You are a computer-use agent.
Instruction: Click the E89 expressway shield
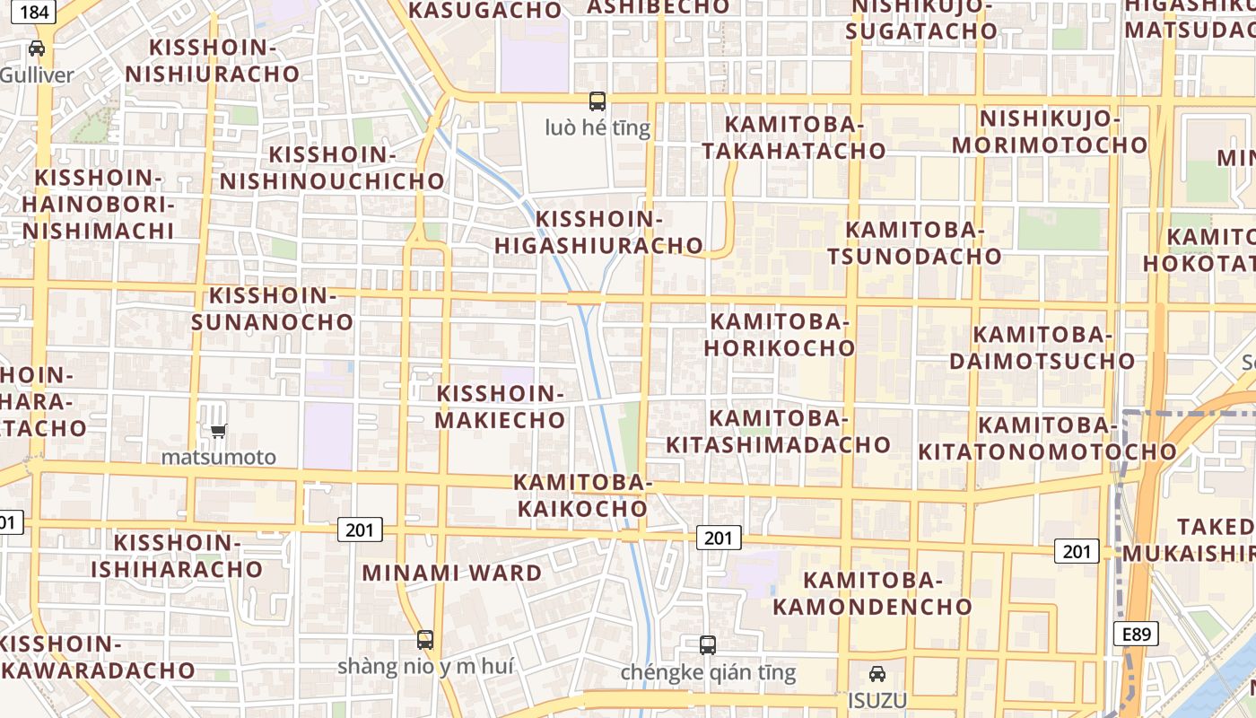pyautogui.click(x=1136, y=634)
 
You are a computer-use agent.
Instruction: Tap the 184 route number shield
pyautogui.click(x=34, y=12)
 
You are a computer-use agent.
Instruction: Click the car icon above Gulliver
pyautogui.click(x=37, y=48)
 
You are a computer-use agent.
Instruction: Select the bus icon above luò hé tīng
pyautogui.click(x=597, y=101)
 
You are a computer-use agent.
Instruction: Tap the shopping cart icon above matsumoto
pyautogui.click(x=218, y=431)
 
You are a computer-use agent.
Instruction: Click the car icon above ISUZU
pyautogui.click(x=877, y=674)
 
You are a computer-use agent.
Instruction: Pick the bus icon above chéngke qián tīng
pyautogui.click(x=708, y=644)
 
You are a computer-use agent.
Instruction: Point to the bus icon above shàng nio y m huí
pyautogui.click(x=425, y=640)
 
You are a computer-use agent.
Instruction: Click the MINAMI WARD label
pyautogui.click(x=452, y=573)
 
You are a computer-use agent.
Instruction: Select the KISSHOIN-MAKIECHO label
pyautogui.click(x=501, y=407)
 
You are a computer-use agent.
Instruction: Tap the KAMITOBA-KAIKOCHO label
pyautogui.click(x=580, y=495)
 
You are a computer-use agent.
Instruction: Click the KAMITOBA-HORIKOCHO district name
pyautogui.click(x=779, y=335)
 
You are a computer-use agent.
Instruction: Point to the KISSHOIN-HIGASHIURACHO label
pyautogui.click(x=598, y=232)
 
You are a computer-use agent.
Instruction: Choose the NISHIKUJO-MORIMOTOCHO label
pyautogui.click(x=1050, y=132)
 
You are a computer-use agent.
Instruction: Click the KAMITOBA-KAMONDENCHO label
pyautogui.click(x=872, y=593)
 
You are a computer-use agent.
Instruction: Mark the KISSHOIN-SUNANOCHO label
pyautogui.click(x=272, y=309)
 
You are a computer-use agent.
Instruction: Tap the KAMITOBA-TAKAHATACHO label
pyautogui.click(x=794, y=137)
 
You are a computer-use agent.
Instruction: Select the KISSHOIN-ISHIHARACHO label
pyautogui.click(x=177, y=556)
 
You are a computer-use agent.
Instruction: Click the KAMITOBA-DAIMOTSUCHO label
pyautogui.click(x=1042, y=348)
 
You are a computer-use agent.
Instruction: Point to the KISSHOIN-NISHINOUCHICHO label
pyautogui.click(x=333, y=168)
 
